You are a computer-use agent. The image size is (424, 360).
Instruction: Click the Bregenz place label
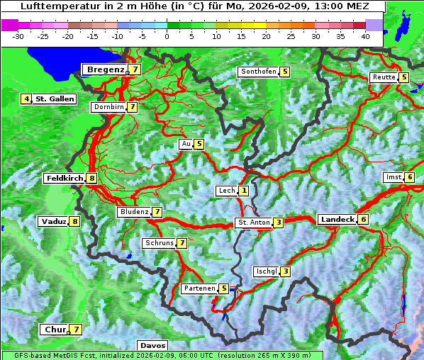click(x=105, y=69)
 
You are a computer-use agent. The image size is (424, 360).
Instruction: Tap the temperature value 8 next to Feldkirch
click(x=92, y=179)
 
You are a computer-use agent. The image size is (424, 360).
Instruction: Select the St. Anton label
click(x=254, y=223)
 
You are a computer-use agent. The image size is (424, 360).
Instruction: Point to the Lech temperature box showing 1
click(x=244, y=191)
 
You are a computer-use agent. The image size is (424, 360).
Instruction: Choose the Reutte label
click(x=384, y=77)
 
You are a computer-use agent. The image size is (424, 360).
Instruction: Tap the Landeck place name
click(x=337, y=220)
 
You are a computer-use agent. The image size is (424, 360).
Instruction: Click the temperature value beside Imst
click(x=410, y=176)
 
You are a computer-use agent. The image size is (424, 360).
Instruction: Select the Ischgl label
click(x=267, y=271)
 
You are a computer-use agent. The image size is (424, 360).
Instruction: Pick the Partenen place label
click(x=199, y=288)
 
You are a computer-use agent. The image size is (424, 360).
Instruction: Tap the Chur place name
click(x=55, y=330)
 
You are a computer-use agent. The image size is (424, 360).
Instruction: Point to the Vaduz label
click(x=54, y=221)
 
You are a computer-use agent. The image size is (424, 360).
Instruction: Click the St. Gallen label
click(x=55, y=99)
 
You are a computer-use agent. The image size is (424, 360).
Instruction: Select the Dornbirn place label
click(x=108, y=107)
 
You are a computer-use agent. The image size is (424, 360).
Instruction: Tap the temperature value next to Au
click(x=199, y=144)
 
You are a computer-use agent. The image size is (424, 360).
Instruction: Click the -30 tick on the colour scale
click(x=18, y=36)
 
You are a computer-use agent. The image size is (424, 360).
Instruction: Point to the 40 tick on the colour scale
click(x=365, y=36)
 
